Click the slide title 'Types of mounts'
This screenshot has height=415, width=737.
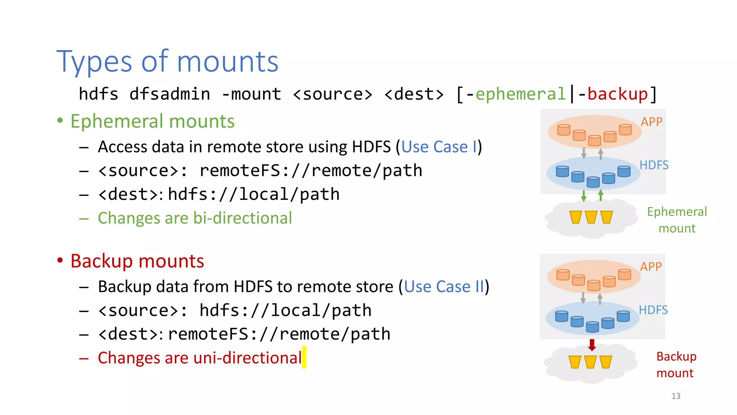click(167, 62)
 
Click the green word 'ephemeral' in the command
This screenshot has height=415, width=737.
click(520, 94)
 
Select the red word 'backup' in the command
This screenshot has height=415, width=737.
click(618, 94)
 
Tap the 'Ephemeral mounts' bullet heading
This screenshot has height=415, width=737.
click(152, 121)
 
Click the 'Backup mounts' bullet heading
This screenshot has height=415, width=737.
click(137, 261)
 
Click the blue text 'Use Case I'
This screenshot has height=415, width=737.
click(439, 147)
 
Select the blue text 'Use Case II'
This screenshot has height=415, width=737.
click(444, 287)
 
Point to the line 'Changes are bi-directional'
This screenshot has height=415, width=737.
click(195, 218)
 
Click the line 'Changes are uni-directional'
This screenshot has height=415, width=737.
click(200, 358)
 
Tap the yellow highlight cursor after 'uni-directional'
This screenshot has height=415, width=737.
click(304, 357)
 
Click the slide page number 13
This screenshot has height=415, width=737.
click(676, 396)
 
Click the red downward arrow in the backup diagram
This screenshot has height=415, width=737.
click(592, 345)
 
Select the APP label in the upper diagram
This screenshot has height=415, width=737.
click(651, 122)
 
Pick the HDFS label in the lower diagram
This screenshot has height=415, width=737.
click(653, 310)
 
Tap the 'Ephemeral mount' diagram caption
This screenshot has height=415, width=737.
click(677, 220)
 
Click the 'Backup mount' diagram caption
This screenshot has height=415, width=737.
click(676, 365)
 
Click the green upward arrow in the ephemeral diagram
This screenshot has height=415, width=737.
click(601, 196)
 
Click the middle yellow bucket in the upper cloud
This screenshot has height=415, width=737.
click(591, 217)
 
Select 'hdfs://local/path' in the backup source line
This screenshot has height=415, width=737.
click(285, 311)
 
